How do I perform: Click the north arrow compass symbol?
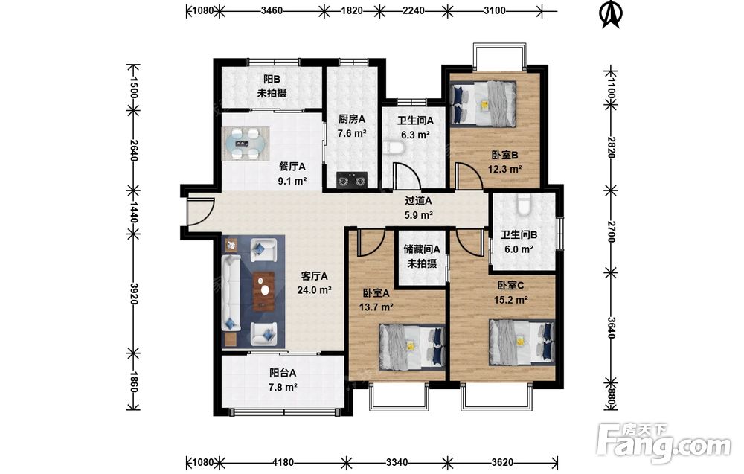(x=611, y=14)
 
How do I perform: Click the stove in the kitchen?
(x=352, y=180)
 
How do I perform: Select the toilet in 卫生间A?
(x=394, y=148)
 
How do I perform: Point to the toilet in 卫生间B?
(x=523, y=205)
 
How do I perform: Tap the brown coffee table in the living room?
(x=264, y=291)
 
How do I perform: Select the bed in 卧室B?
(x=483, y=104)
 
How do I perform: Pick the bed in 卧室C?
(x=522, y=342)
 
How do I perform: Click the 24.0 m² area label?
(x=314, y=290)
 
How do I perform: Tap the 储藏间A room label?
(x=422, y=249)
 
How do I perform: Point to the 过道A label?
(x=418, y=201)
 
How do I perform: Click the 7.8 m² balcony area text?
(x=283, y=387)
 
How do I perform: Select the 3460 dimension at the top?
(x=272, y=10)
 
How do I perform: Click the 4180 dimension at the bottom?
(x=283, y=461)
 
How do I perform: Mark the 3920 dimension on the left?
(x=133, y=294)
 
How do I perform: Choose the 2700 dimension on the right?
(x=611, y=231)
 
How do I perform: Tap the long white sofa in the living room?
(x=232, y=292)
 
